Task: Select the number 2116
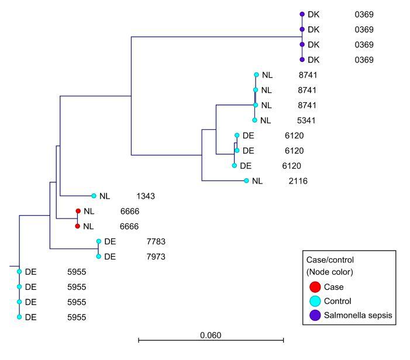[297, 181]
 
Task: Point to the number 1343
[146, 196]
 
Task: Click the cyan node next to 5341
[254, 120]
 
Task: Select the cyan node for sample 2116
[246, 181]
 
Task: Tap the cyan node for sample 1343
[94, 196]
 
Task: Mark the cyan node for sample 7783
[99, 241]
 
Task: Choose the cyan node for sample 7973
[99, 257]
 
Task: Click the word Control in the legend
[337, 302]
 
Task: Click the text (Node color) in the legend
[329, 272]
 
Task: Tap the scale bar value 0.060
[211, 335]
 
